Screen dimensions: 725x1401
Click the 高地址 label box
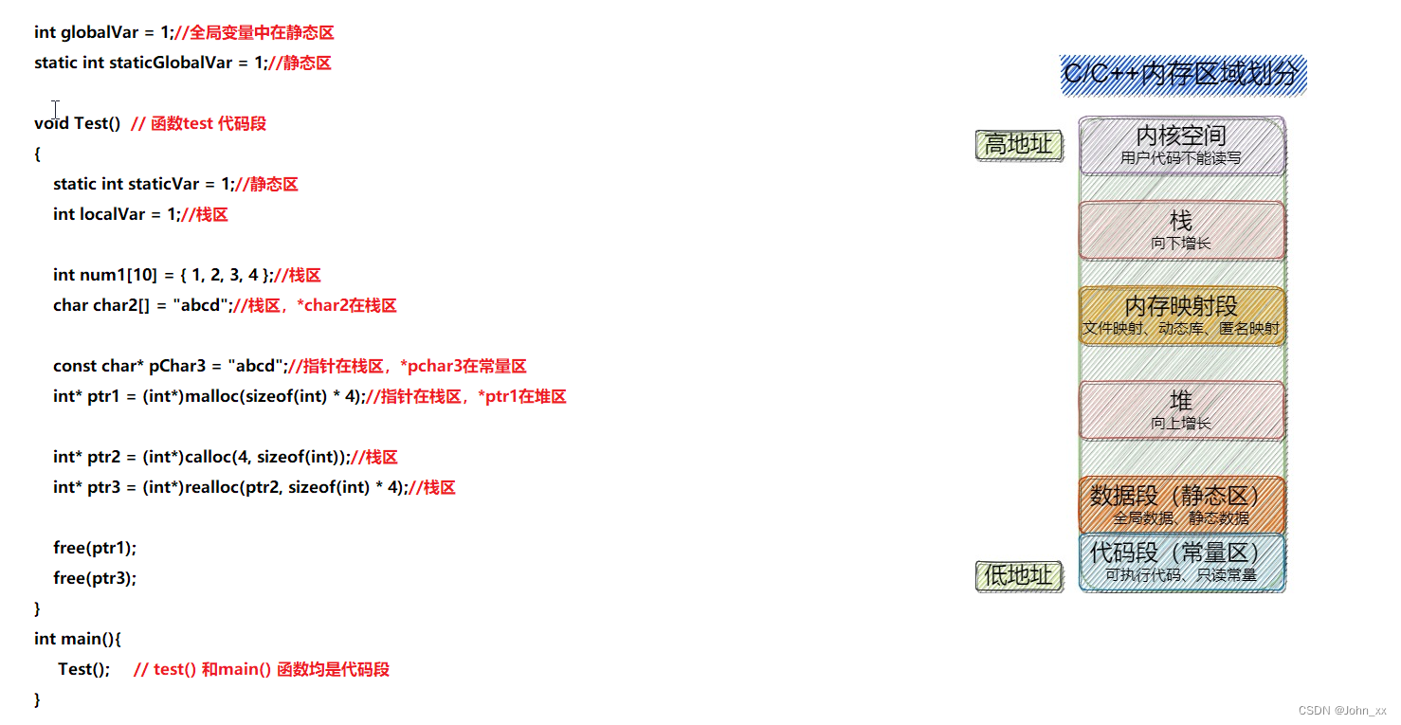(x=1019, y=145)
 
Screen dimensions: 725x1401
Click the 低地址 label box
(x=1019, y=575)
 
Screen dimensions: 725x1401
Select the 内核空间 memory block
(x=1182, y=146)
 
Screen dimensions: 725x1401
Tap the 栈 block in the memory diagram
(x=1182, y=230)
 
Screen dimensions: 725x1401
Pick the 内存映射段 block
(x=1182, y=317)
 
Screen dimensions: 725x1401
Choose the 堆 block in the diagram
(x=1182, y=410)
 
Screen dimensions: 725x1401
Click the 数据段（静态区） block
(x=1182, y=505)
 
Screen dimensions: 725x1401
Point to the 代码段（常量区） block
(x=1182, y=563)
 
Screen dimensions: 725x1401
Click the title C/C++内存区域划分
(x=1182, y=75)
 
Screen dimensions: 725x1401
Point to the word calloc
(x=207, y=457)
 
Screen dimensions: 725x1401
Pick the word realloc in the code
(x=209, y=487)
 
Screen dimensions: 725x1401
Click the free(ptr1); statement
(x=95, y=548)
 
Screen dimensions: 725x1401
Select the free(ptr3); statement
(x=95, y=578)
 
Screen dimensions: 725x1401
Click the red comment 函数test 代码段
(x=208, y=123)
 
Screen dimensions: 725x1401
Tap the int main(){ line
(x=78, y=639)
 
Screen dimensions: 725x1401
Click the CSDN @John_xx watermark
(x=1341, y=711)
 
